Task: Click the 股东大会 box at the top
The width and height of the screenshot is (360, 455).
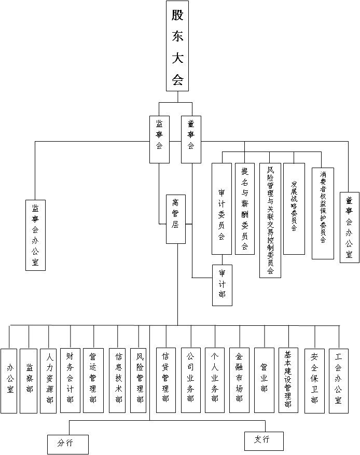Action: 178,46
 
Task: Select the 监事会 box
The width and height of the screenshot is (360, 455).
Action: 159,139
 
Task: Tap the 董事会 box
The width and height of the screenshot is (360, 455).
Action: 191,139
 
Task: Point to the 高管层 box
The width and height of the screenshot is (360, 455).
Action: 176,219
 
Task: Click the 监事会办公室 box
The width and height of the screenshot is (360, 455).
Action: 35,235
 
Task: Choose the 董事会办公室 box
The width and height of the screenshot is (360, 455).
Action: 349,227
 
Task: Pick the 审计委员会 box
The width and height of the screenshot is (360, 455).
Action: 221,209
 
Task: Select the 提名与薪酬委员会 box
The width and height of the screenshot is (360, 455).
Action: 245,209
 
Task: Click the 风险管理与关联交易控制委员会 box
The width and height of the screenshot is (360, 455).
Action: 270,220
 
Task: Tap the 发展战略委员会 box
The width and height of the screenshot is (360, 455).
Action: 294,209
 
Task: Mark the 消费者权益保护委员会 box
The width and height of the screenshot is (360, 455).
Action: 323,213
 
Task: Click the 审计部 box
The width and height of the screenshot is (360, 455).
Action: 222,285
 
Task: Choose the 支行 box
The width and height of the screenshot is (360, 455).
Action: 264,440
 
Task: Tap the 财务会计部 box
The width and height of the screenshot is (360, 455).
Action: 70,380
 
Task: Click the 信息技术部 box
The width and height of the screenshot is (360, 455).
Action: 118,380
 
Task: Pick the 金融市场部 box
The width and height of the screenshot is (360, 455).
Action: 239,380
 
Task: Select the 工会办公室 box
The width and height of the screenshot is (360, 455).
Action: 339,380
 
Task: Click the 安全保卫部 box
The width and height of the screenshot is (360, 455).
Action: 314,380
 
